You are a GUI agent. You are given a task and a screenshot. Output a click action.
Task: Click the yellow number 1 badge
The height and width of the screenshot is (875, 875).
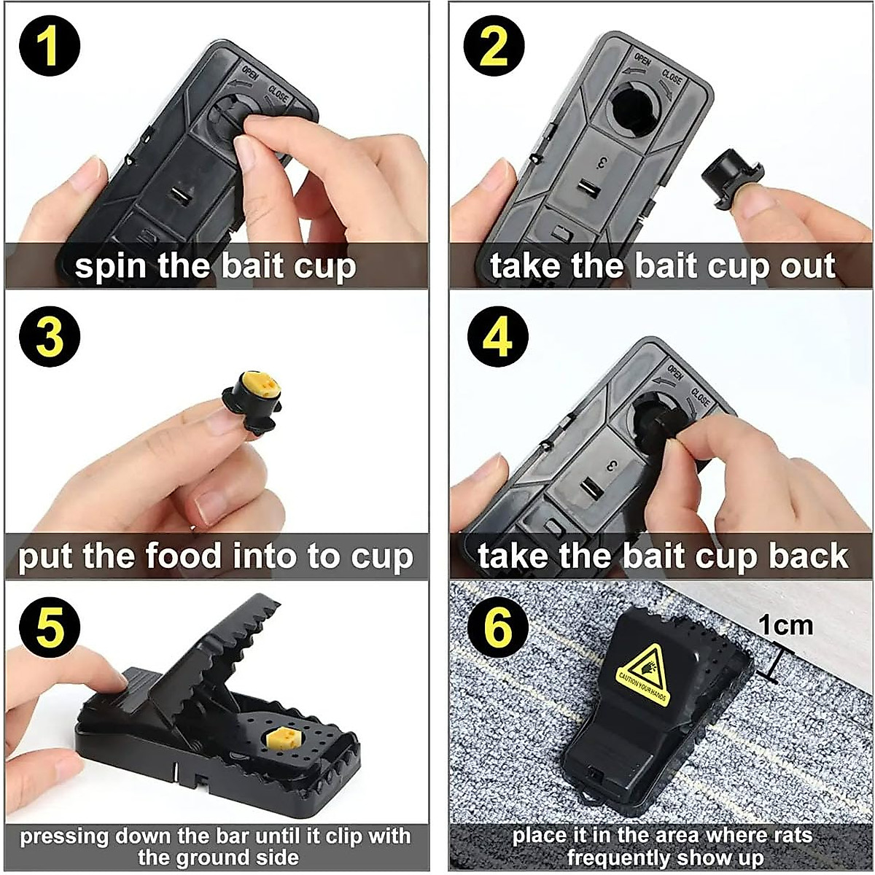click(49, 46)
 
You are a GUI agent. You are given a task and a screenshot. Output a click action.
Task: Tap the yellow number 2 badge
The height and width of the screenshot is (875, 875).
click(494, 46)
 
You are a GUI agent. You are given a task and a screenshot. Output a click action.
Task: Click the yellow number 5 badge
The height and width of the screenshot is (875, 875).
click(49, 626)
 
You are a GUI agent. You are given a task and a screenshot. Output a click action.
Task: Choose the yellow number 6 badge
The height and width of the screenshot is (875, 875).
click(498, 626)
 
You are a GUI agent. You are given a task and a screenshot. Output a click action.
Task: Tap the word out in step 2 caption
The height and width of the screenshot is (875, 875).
click(808, 266)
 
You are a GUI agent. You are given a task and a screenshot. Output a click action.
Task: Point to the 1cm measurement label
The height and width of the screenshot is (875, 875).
click(785, 625)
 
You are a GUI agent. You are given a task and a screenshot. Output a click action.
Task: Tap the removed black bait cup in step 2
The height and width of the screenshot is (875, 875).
click(731, 177)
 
